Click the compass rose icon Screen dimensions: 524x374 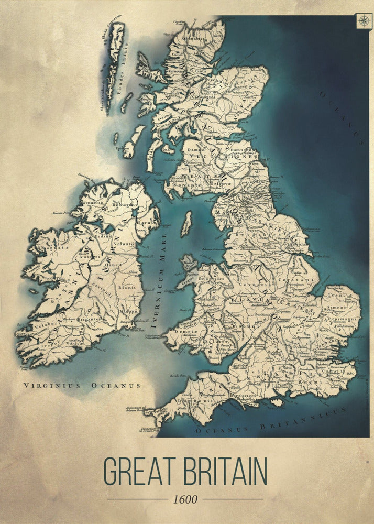point(364,21)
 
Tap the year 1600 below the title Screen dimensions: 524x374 point(185,499)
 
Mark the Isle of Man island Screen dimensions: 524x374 point(186,224)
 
